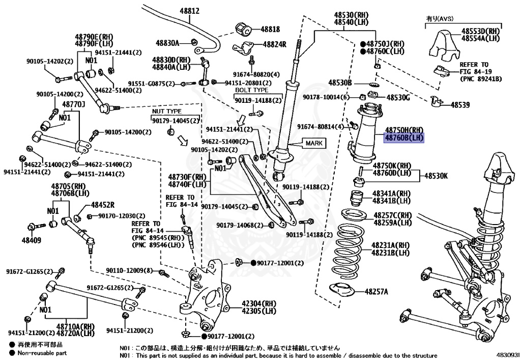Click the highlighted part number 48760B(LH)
404,138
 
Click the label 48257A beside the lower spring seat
376,292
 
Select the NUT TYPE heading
167,110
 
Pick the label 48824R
275,44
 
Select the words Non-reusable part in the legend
42,353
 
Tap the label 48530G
398,97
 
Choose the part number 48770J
73,104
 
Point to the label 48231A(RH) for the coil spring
391,245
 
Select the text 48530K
437,176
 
